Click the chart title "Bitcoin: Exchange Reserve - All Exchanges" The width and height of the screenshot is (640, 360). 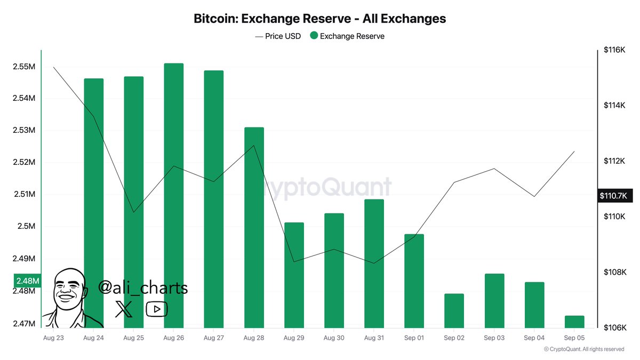coord(319,19)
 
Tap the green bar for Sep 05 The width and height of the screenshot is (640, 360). coord(574,322)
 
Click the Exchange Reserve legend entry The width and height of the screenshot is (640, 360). coord(347,36)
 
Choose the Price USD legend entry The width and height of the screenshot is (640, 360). coord(278,36)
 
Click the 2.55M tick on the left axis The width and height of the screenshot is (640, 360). coord(24,67)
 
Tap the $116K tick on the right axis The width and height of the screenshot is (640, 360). coord(614,50)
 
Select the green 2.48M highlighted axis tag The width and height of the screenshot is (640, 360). coord(27,281)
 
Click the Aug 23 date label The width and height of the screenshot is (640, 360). coord(53,338)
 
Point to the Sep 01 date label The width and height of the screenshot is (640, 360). coord(414,338)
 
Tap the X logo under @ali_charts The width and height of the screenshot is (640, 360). coord(124,309)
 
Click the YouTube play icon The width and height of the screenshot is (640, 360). coord(157,309)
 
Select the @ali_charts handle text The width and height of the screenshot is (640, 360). coord(143,288)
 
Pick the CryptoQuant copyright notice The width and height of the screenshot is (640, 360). coord(584,349)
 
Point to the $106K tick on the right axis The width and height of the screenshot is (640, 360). coord(614,327)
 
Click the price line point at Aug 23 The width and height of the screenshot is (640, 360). coord(54,67)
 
